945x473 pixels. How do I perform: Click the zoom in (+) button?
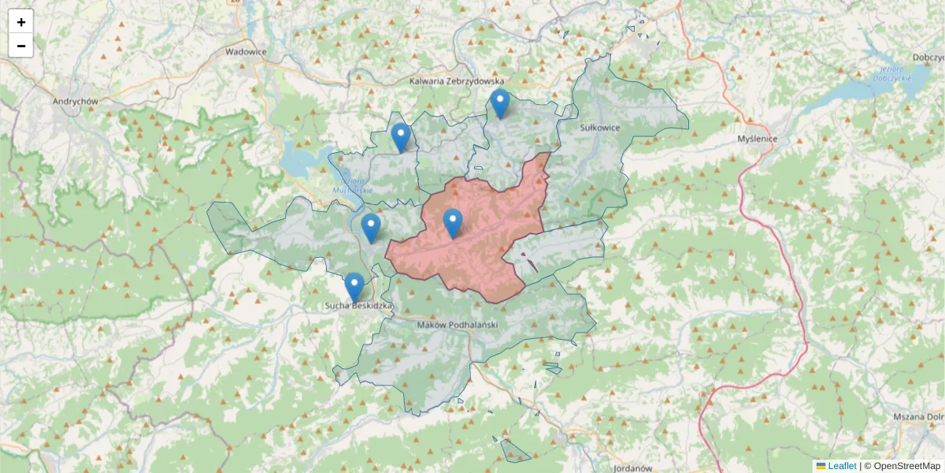click(x=21, y=22)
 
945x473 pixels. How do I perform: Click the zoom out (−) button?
click(x=21, y=46)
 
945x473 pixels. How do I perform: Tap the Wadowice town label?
click(x=246, y=51)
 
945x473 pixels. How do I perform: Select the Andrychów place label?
click(x=75, y=102)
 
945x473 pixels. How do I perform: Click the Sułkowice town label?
click(x=600, y=127)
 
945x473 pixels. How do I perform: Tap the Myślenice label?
click(x=757, y=139)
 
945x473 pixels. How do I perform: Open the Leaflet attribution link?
click(x=842, y=466)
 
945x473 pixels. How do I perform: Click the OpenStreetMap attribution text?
click(x=906, y=466)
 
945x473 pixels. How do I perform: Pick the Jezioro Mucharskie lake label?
click(x=351, y=186)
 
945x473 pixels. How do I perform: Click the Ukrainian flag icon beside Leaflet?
click(x=821, y=466)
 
